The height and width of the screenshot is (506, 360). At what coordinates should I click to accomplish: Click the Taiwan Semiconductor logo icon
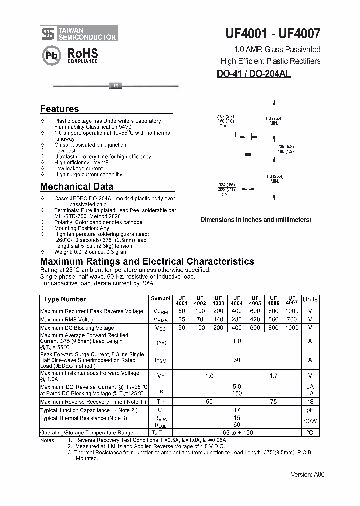(48, 33)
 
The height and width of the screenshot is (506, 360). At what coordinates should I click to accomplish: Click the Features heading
(59, 109)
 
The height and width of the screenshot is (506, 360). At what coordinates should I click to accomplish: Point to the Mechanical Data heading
(76, 187)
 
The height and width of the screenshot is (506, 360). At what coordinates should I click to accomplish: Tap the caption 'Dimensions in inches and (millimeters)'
(255, 220)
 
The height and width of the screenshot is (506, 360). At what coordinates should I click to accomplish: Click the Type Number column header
(65, 299)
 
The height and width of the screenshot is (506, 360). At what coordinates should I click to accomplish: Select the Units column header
(310, 299)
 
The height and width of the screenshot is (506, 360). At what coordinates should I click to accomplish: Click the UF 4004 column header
(237, 300)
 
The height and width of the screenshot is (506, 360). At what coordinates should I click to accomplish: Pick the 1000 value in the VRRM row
(292, 311)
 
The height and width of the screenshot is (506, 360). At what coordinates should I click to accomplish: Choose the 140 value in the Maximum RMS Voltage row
(218, 319)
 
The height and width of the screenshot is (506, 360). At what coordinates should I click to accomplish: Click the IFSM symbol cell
(160, 360)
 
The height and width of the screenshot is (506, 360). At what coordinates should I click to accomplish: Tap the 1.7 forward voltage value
(273, 375)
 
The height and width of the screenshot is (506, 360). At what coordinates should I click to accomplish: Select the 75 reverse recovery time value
(273, 401)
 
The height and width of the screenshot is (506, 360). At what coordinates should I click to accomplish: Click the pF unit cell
(310, 410)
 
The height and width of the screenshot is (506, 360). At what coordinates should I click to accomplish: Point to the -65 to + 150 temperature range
(237, 432)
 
